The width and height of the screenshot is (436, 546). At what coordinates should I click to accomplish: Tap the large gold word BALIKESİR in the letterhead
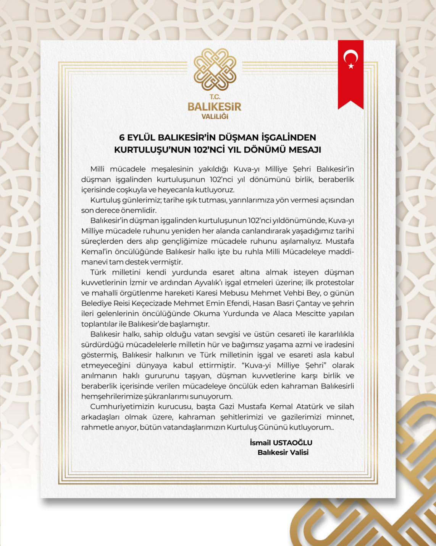pos(215,106)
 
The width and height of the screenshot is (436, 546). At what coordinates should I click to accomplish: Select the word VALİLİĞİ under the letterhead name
pos(215,116)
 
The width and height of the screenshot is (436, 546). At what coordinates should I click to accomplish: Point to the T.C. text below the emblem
pos(215,97)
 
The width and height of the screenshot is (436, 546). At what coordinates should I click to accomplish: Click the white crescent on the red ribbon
pos(349,57)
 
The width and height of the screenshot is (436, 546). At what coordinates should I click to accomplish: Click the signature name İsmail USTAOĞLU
pos(281,443)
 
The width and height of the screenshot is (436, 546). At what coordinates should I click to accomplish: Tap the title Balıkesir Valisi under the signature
pos(283,452)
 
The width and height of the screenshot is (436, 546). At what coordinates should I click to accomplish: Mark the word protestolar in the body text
pos(335,283)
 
